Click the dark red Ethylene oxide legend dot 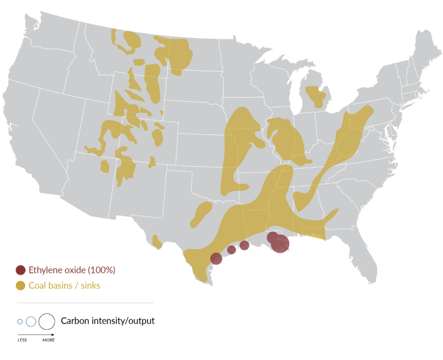[20, 270]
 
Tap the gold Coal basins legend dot [20, 286]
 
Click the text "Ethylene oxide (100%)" [72, 270]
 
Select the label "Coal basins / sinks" [64, 286]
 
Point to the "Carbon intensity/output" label [108, 321]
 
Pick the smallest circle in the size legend [20, 321]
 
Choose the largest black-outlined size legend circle [47, 321]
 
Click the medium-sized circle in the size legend [31, 321]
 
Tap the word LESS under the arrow [22, 340]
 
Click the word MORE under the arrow [48, 340]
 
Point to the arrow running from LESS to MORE [36, 334]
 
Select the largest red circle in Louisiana [280, 244]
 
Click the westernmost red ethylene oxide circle [216, 259]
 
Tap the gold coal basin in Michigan [316, 96]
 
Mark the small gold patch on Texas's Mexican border [157, 241]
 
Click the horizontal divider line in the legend [85, 303]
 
